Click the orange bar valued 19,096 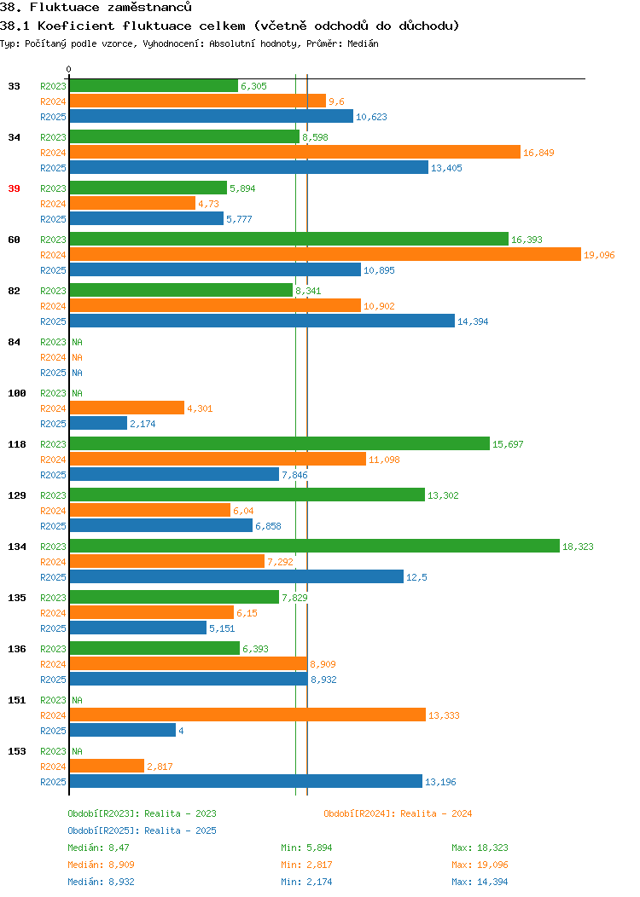(x=325, y=255)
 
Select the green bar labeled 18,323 (x=314, y=546)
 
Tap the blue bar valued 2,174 (x=98, y=423)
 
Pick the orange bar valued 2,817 (x=107, y=766)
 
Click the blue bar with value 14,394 (x=262, y=321)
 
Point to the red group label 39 (x=14, y=188)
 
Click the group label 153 (x=16, y=751)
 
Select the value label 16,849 (x=538, y=153)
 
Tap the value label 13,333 (x=445, y=715)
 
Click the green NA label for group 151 (x=78, y=700)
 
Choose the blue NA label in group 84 (x=78, y=373)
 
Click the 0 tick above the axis (x=69, y=69)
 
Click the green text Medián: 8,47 (x=98, y=848)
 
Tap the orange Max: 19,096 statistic (x=480, y=865)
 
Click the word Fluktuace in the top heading (x=65, y=8)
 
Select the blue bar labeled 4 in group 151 (x=123, y=730)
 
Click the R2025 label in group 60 (x=53, y=270)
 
